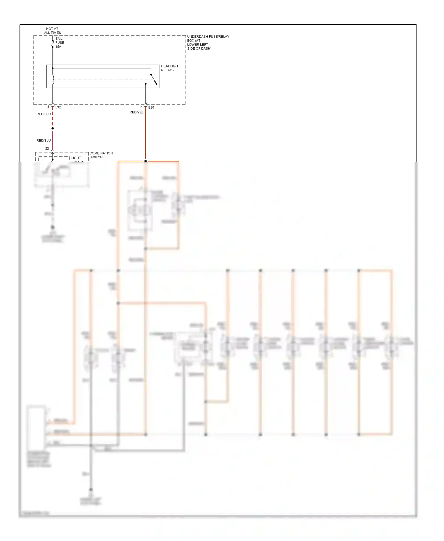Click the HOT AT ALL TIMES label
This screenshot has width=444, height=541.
(x=52, y=31)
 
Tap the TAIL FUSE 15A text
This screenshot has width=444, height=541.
(x=59, y=43)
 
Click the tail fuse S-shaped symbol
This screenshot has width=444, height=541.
(x=53, y=44)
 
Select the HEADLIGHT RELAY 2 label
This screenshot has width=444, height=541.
(x=170, y=68)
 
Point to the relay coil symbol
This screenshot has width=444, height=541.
(x=53, y=79)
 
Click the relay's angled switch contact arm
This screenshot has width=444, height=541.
(x=153, y=79)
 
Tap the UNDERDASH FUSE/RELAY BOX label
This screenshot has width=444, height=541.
(x=208, y=42)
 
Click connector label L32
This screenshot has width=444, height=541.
(x=58, y=107)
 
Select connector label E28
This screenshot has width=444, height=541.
(x=151, y=107)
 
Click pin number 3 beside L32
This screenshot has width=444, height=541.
(x=48, y=107)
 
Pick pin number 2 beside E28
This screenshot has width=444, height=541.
(x=141, y=107)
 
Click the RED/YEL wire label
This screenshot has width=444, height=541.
(x=136, y=112)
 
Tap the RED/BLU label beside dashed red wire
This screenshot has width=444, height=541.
(x=44, y=114)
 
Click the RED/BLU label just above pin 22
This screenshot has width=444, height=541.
(x=44, y=141)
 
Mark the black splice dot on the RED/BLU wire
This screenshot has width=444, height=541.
(x=53, y=128)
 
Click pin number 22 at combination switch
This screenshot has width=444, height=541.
(x=47, y=149)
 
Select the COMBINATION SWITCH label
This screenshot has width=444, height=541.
(x=101, y=155)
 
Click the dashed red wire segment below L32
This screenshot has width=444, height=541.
(x=53, y=118)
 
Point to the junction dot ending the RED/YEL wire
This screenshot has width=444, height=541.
(x=145, y=161)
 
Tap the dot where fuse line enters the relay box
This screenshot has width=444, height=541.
(x=53, y=68)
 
